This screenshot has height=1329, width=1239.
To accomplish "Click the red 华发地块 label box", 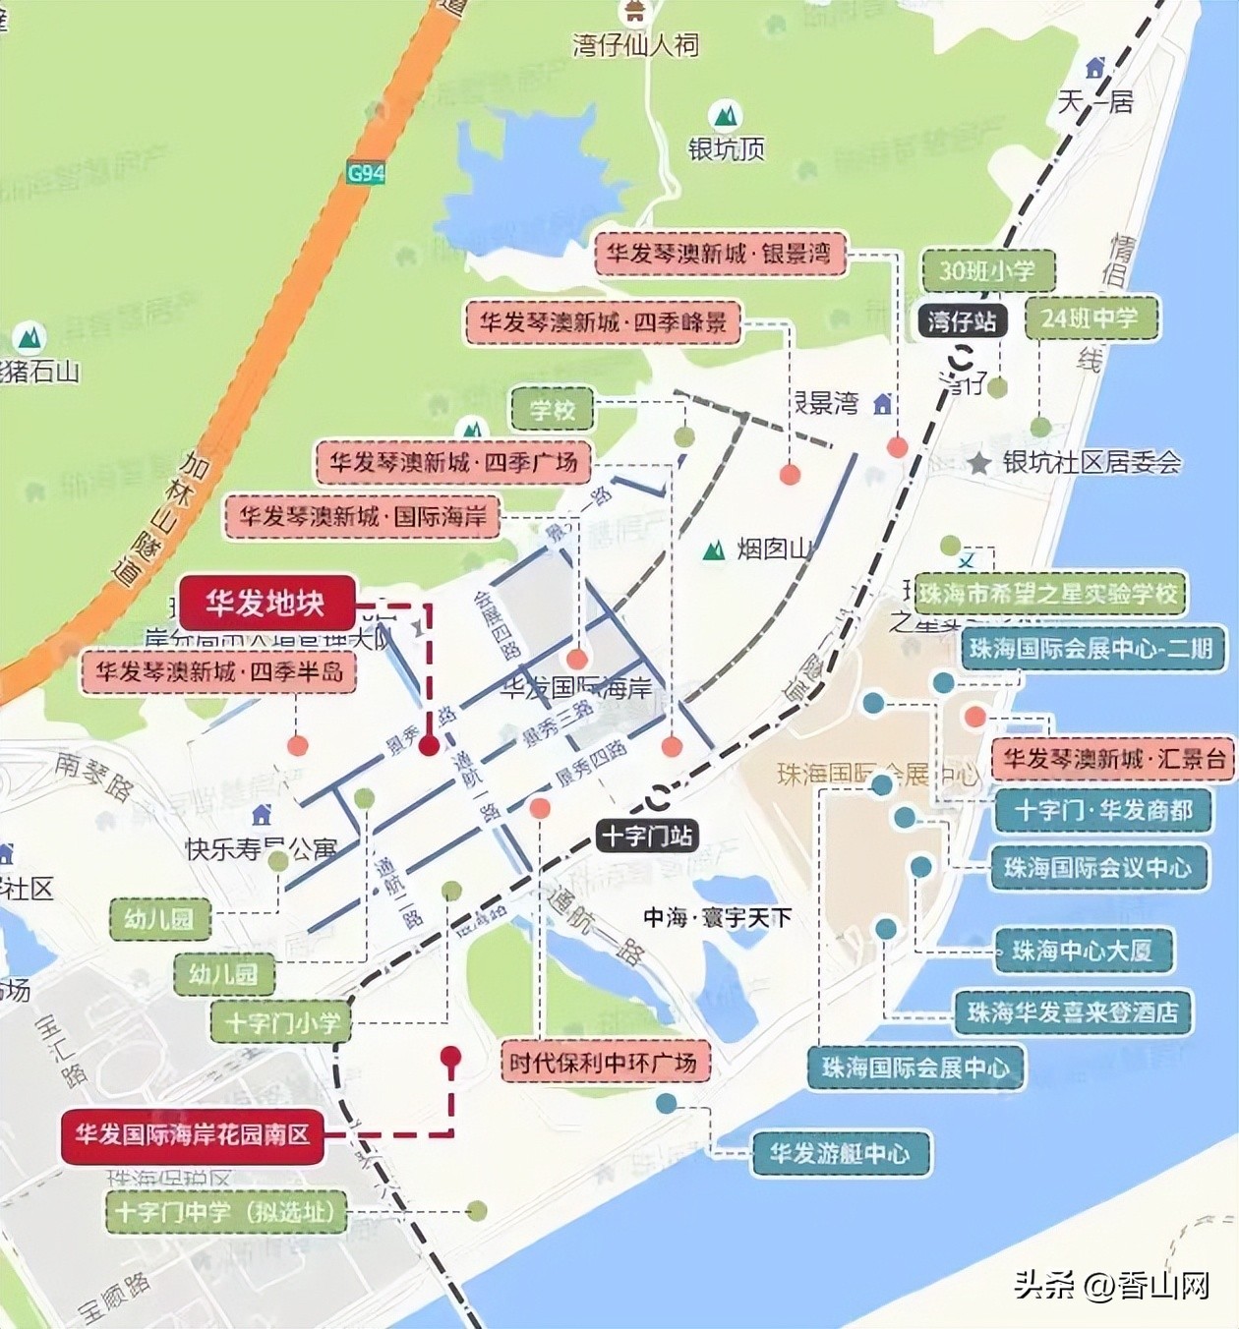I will pos(265,603).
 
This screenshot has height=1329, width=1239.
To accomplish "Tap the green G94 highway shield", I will pos(366,173).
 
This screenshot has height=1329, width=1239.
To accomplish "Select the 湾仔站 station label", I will pos(962,320).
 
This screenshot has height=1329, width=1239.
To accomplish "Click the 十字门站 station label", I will pos(647,837).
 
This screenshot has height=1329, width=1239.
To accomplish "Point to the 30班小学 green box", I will pos(987,270).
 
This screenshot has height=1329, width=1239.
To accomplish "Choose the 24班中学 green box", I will pos(1091,318).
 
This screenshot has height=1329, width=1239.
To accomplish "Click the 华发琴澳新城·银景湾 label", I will pos(719,254).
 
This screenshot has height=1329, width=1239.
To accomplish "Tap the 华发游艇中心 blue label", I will pos(840,1153).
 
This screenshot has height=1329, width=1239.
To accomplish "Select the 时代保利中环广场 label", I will pos(603,1063).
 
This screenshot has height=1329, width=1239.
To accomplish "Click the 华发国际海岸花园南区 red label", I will pos(193,1134).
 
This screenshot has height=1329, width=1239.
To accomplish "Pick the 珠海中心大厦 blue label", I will pos(1082,951).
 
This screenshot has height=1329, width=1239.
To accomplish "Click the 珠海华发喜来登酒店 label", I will pos(1073,1012).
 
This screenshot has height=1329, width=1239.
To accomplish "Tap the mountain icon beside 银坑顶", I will pos(726,116).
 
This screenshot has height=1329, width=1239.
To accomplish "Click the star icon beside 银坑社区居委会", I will pos(979,463).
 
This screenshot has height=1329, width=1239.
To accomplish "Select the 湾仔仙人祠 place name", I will pos(636,45).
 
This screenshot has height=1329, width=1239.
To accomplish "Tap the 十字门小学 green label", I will pos(282,1022).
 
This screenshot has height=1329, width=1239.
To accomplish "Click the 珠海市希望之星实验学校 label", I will pos(1048,594).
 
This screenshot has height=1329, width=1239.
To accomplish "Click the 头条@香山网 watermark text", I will pos(1111,1285).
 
